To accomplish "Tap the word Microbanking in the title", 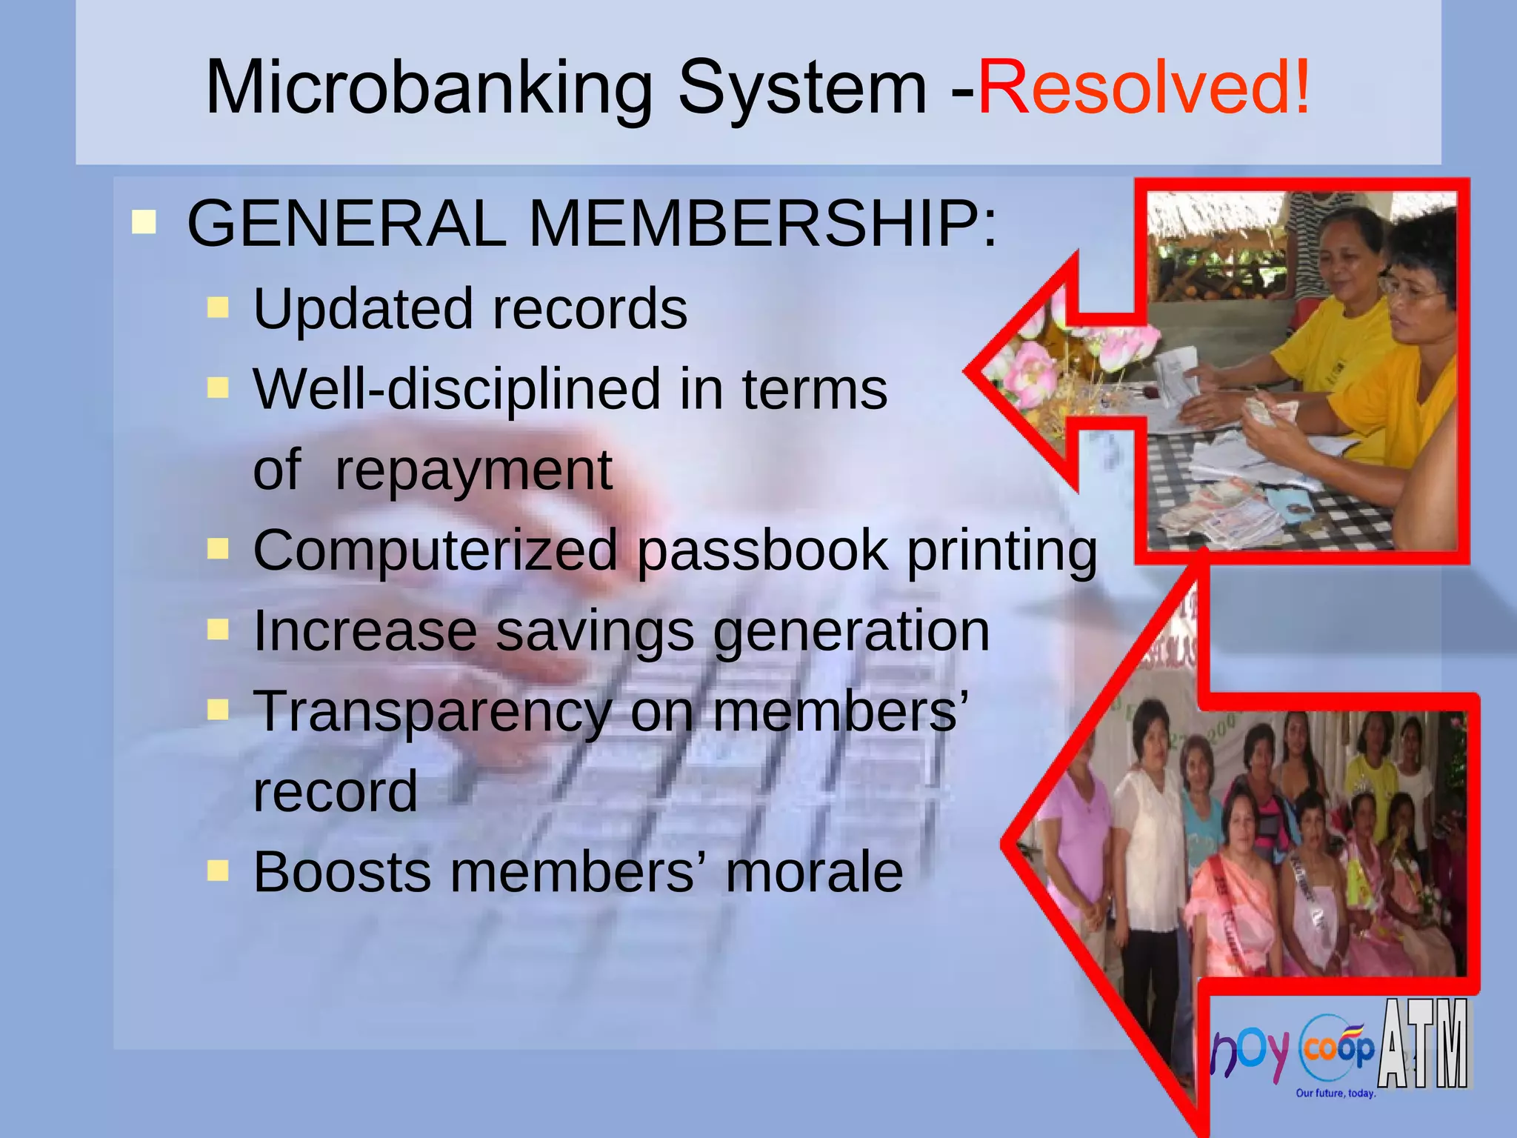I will (428, 87).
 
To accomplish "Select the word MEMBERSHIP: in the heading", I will (763, 224).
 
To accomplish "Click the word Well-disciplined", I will (456, 389).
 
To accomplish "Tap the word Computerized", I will (435, 550).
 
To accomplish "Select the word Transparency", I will (433, 711).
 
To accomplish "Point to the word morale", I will (814, 872).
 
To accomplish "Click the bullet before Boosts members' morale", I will (218, 871).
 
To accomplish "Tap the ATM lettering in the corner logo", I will (1424, 1045).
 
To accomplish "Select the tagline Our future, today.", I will (1336, 1093).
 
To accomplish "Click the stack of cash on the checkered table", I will (1222, 511).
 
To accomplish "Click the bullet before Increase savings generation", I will (218, 630).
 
